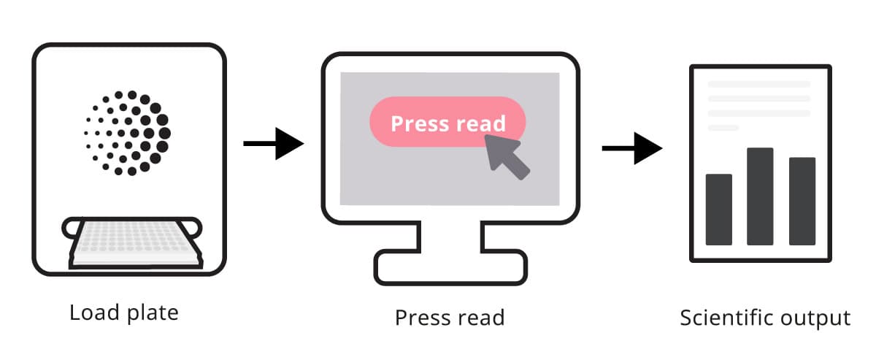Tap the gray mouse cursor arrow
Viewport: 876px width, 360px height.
(x=507, y=156)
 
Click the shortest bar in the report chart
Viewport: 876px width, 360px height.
(x=718, y=210)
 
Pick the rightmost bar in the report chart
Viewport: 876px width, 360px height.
(x=802, y=201)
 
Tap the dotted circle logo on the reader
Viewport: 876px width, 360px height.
(x=128, y=133)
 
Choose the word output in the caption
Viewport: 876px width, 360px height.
(x=819, y=319)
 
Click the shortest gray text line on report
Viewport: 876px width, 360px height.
(x=723, y=128)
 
